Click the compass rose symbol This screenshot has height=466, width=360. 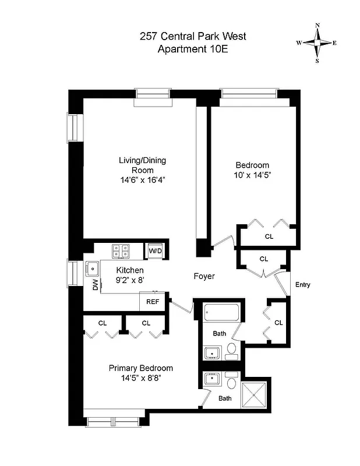coord(317,43)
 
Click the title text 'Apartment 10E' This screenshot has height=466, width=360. coord(192,49)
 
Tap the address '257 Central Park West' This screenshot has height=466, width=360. coord(192,36)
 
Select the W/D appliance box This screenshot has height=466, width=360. coord(156,250)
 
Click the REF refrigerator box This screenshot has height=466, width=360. coord(153,302)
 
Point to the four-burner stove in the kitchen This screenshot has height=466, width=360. coord(121,251)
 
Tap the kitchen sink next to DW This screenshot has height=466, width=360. coord(93,269)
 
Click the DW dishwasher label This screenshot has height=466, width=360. coord(95,285)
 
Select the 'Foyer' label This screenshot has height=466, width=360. coord(204,276)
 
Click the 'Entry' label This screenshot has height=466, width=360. coord(303,285)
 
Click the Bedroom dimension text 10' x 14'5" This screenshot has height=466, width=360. coord(252,174)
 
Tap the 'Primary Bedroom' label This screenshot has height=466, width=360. coord(141,368)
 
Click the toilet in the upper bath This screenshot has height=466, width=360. coord(231,349)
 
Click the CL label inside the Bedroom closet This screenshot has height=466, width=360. coord(269,237)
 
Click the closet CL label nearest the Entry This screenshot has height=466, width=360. coord(278,323)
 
